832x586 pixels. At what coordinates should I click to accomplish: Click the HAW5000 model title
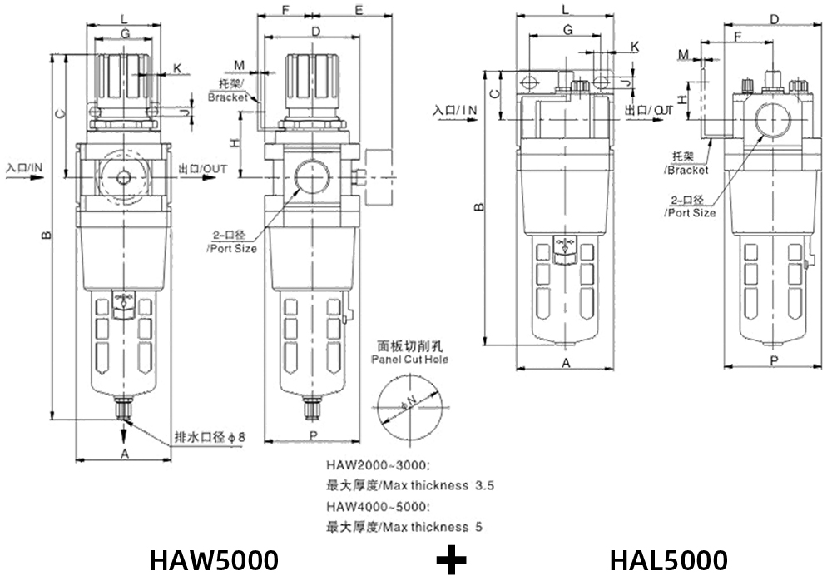coord(214,560)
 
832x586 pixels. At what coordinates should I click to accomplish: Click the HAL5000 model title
coord(668,560)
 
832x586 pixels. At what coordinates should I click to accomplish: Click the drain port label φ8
coord(210,437)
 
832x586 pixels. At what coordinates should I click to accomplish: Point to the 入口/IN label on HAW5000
coord(24,169)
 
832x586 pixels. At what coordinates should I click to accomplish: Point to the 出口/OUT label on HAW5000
coord(203,169)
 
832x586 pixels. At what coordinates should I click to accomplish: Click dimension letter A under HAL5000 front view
coord(565,363)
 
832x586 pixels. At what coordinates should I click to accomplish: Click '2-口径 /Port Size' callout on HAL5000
coord(689,206)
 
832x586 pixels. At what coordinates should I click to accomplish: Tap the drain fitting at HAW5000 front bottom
coord(123,409)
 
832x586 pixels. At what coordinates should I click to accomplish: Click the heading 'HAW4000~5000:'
coord(379,507)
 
